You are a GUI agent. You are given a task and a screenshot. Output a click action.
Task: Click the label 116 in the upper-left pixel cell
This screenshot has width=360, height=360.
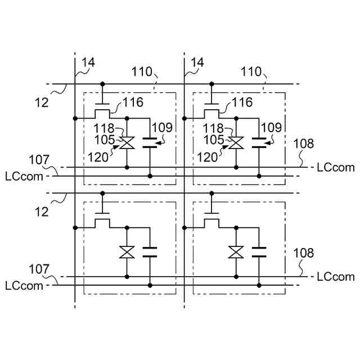click(x=132, y=102)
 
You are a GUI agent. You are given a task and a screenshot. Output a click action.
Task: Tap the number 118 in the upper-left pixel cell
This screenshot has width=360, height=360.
click(x=105, y=129)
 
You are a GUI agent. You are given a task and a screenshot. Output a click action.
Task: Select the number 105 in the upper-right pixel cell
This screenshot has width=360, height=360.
click(x=214, y=139)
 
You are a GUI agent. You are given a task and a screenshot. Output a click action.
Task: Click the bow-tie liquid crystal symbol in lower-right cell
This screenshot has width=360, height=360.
click(x=236, y=251)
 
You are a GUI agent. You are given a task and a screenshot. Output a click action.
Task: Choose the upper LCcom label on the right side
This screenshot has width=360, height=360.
click(x=336, y=167)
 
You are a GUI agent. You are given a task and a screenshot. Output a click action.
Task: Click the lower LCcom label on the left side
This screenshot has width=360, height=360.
click(x=24, y=285)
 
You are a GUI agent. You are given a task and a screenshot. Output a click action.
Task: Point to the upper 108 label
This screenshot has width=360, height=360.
click(x=304, y=143)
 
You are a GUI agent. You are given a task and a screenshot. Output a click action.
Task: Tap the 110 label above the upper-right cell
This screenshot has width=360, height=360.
click(x=251, y=71)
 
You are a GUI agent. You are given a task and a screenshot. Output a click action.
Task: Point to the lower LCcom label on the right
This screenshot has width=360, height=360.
click(x=336, y=276)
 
